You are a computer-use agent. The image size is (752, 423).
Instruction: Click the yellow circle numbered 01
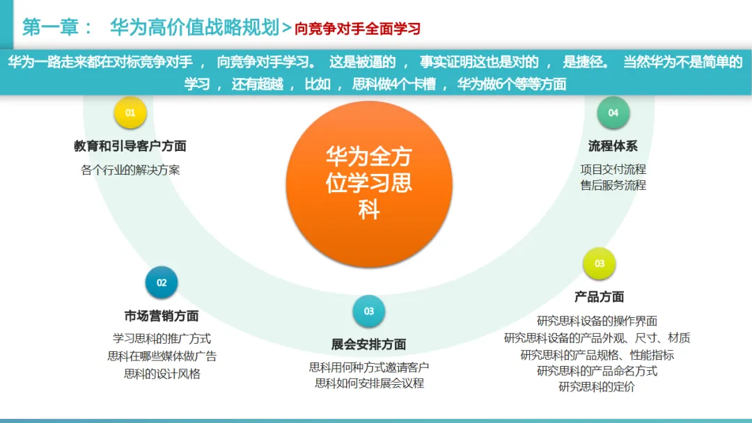[x=130, y=112]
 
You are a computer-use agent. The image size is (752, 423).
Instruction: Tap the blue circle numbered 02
[x=162, y=282]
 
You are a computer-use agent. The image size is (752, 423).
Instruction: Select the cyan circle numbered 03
[x=368, y=311]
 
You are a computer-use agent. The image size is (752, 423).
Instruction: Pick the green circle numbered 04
[x=613, y=113]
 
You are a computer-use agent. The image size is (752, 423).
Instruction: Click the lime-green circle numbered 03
[x=599, y=264]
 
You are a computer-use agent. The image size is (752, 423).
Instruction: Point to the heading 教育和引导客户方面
[x=130, y=146]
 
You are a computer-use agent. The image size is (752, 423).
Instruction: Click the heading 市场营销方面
[x=162, y=317]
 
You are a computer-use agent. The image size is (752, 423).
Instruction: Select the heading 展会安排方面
[x=368, y=344]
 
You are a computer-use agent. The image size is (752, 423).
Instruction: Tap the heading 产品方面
[x=599, y=297]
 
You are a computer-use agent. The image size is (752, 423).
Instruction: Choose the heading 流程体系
[x=613, y=146]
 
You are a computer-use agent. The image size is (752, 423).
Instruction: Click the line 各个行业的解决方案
[x=130, y=170]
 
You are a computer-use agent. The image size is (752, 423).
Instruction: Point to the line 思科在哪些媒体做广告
[x=162, y=356]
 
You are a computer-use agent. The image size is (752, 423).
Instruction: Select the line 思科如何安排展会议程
[x=368, y=383]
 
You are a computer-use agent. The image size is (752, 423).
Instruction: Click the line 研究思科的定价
[x=597, y=388]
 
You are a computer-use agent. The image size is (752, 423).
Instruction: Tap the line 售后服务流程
[x=613, y=186]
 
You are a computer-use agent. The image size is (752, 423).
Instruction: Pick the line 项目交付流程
[x=613, y=169]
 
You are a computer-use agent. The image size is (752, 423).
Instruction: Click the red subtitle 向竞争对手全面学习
[x=357, y=29]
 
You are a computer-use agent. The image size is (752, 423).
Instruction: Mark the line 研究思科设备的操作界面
[x=597, y=321]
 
